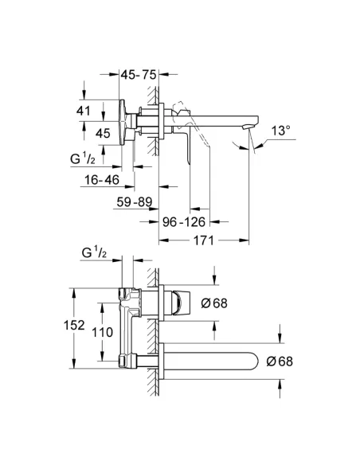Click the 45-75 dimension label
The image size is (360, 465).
(139, 75)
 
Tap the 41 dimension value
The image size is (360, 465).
(84, 111)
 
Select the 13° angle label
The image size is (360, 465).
(280, 131)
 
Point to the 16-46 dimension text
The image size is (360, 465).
(102, 179)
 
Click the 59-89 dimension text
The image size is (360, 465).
(135, 202)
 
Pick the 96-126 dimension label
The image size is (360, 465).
(184, 221)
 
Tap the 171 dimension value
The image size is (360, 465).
(204, 240)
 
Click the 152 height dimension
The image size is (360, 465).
(74, 325)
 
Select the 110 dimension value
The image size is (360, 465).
(102, 332)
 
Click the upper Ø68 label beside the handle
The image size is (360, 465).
(214, 303)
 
